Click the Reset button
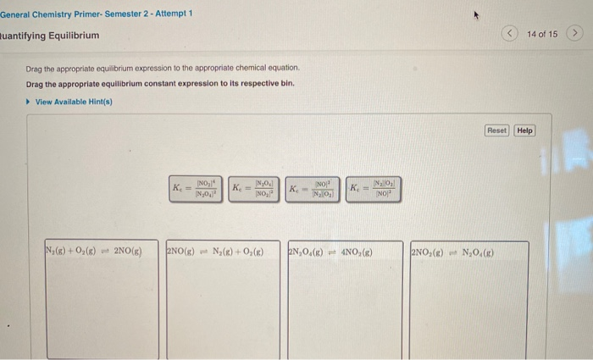click(496, 130)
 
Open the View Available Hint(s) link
click(74, 102)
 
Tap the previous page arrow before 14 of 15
click(510, 34)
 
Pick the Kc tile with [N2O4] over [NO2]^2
click(255, 187)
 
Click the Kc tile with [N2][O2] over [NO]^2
click(373, 187)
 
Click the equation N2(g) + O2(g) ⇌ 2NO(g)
click(93, 252)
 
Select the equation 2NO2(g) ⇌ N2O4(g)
click(453, 252)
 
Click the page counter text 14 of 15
click(542, 34)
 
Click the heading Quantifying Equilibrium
click(50, 36)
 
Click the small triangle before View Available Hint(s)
click(29, 102)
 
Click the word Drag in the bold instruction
click(35, 85)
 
